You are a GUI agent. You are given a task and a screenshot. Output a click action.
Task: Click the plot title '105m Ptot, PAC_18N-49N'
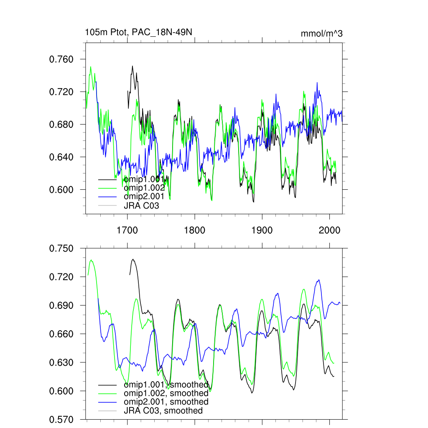[138, 32]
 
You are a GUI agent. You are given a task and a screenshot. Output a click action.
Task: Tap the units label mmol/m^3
[321, 34]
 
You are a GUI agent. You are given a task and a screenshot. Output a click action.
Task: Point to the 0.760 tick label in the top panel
[61, 59]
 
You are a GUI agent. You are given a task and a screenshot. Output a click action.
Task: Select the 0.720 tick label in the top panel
[61, 92]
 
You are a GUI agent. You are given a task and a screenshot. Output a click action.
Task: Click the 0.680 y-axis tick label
[61, 125]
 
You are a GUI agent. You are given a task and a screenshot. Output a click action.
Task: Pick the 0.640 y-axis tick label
[61, 157]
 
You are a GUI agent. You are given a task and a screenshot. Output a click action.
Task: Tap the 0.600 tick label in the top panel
[61, 190]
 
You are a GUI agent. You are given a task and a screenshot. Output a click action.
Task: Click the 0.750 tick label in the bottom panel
[61, 249]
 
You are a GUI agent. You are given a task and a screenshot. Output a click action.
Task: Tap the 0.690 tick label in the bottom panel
[61, 306]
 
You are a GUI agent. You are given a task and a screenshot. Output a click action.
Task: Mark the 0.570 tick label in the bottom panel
[61, 419]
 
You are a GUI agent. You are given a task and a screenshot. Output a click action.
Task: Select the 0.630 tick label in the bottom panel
[61, 362]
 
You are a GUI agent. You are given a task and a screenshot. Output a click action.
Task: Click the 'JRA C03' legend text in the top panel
[141, 206]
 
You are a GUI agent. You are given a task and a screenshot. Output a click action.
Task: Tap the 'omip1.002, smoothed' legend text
[166, 393]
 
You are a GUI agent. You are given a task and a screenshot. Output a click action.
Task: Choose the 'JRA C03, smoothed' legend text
[163, 411]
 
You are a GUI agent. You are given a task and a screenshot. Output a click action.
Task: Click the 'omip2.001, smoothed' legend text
[166, 402]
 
